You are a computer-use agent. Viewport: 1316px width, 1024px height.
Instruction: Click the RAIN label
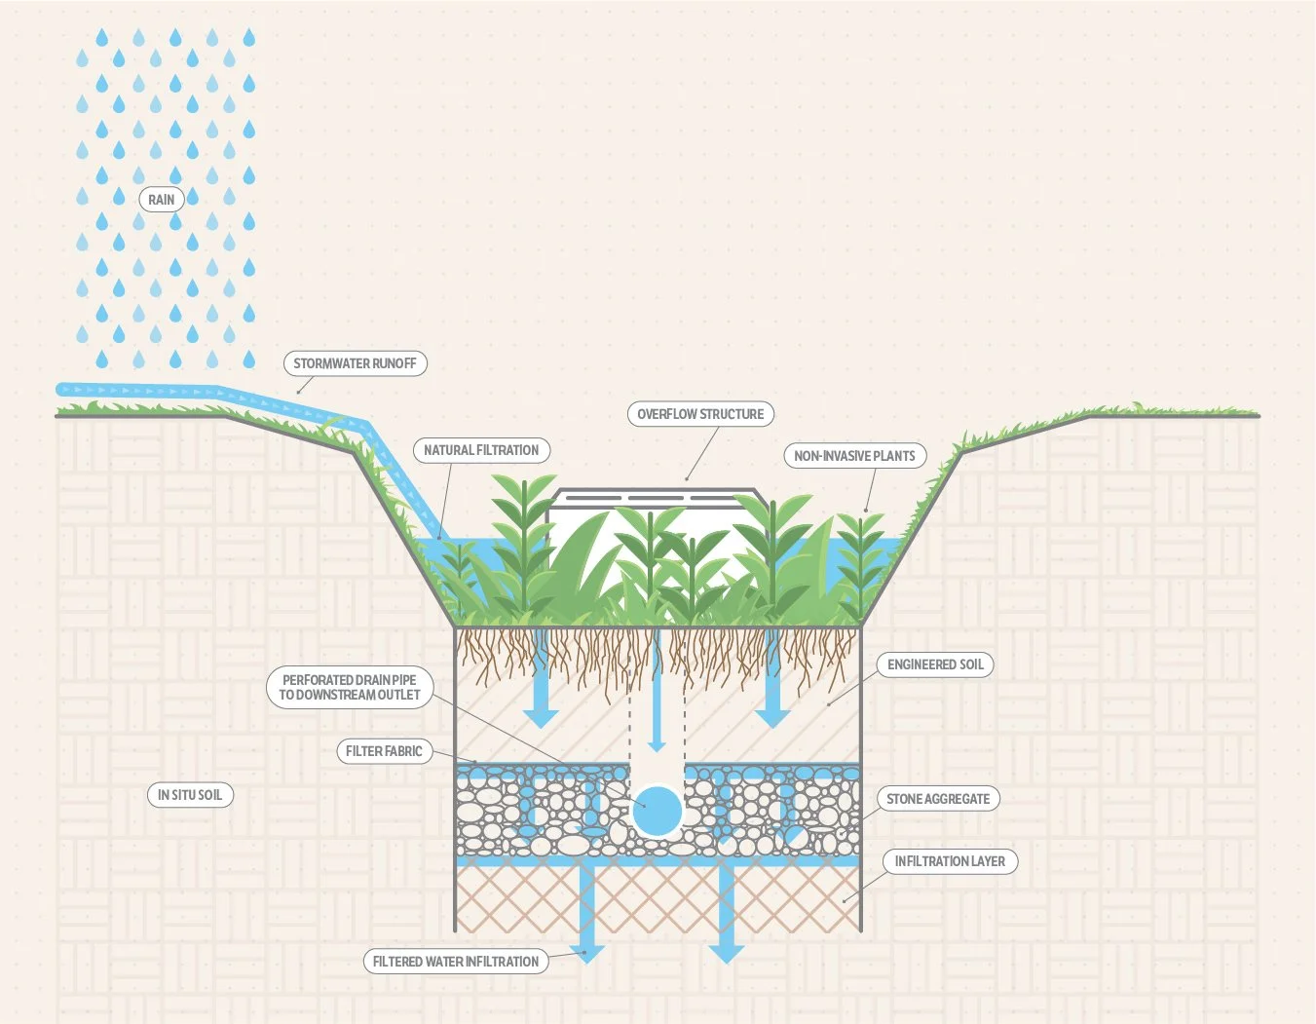161,200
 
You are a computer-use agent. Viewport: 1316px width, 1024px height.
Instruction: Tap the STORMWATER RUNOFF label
355,363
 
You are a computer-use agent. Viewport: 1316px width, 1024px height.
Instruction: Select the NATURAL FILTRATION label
481,450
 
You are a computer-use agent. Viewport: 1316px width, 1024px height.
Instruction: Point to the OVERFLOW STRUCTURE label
700,414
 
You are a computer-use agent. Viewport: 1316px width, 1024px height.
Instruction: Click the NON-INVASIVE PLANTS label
854,456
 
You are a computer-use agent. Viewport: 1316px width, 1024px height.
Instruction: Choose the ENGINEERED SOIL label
935,664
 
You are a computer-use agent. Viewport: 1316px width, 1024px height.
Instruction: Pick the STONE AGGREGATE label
937,799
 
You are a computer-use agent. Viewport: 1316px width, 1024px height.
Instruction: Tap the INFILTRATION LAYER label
950,861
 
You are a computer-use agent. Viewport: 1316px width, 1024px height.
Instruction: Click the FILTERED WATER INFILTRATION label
455,962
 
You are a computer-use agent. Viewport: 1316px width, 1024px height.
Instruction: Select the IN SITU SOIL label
190,795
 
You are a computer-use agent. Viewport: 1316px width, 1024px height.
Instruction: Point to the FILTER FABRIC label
384,751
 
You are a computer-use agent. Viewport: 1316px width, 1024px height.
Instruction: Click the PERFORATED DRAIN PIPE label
349,687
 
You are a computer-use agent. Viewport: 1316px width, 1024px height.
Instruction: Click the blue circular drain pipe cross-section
658,811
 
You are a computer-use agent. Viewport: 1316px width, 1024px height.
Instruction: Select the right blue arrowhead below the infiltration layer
726,953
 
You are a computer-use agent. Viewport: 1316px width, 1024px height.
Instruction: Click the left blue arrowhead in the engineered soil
541,718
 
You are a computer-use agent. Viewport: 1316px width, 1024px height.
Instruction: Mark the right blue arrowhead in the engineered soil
772,718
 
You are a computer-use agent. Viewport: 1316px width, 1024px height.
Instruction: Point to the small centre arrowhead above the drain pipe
658,744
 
